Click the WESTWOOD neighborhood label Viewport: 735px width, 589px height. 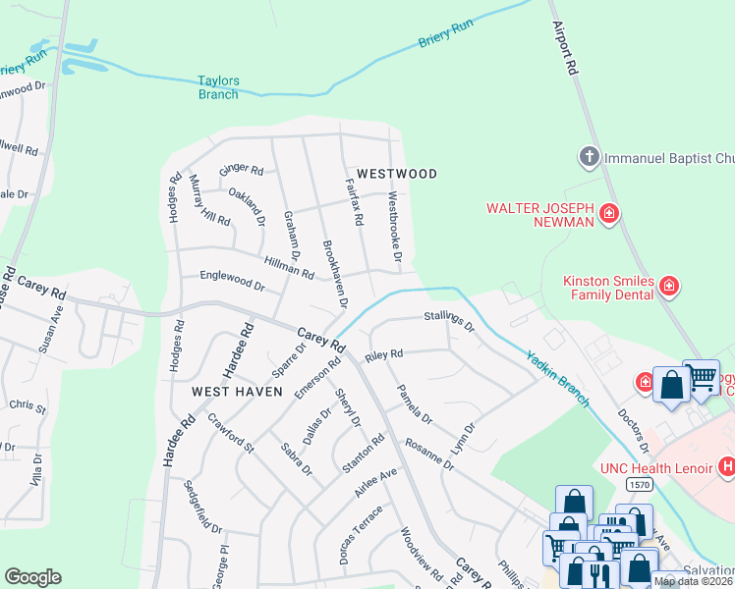tap(396, 174)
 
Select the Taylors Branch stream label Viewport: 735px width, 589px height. tap(218, 88)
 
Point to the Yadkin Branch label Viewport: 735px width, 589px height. tap(556, 378)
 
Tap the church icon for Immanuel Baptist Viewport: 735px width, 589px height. tap(589, 157)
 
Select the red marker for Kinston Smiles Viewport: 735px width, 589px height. tap(669, 287)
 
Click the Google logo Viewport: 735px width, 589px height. tap(32, 577)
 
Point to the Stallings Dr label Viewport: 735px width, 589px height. tap(449, 320)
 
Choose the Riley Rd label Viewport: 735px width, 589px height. tap(384, 355)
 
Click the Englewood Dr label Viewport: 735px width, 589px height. tap(232, 282)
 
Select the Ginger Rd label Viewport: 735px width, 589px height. tap(242, 171)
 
